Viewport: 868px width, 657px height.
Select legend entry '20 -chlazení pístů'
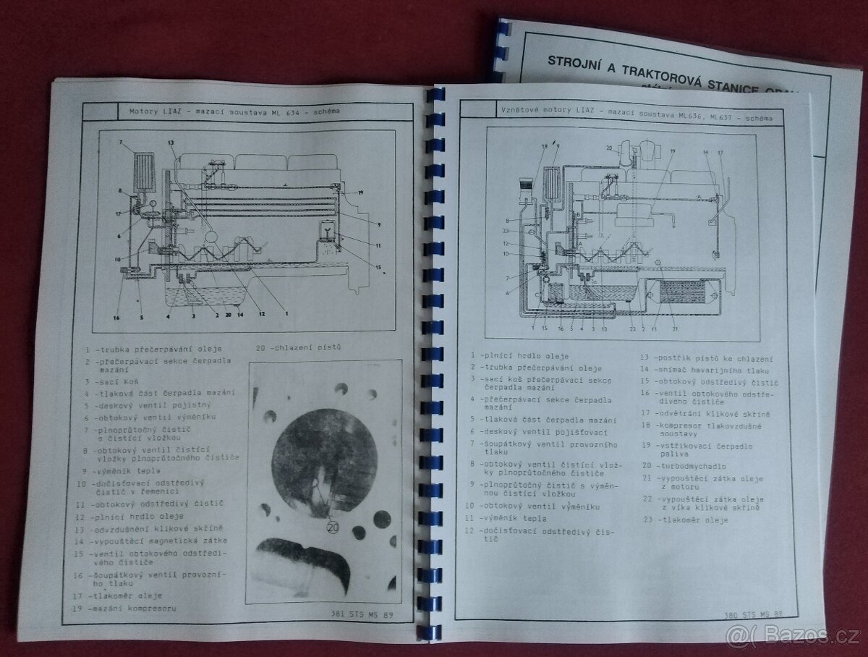[x=297, y=347]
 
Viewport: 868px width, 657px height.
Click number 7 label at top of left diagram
[x=120, y=143]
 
